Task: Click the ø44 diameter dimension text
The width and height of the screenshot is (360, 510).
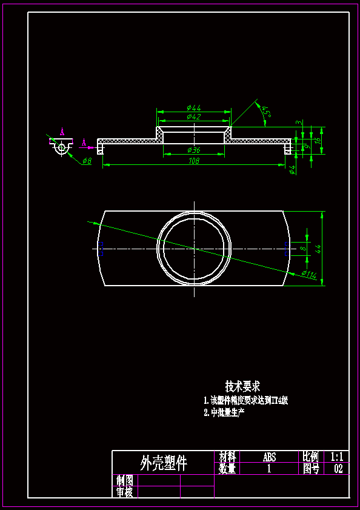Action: pyautogui.click(x=194, y=108)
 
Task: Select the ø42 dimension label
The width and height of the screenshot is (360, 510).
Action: pyautogui.click(x=194, y=116)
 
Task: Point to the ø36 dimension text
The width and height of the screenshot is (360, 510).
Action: pyautogui.click(x=194, y=150)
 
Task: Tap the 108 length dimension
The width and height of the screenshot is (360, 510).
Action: pyautogui.click(x=194, y=161)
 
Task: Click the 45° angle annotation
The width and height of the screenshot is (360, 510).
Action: pyautogui.click(x=265, y=111)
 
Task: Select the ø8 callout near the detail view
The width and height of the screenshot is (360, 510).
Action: pyautogui.click(x=86, y=161)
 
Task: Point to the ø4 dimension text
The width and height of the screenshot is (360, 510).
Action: pyautogui.click(x=293, y=169)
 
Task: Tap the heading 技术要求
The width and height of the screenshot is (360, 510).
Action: pyautogui.click(x=242, y=386)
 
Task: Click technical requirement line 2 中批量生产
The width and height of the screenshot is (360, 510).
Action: pyautogui.click(x=224, y=413)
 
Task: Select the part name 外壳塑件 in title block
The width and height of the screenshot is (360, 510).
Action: pyautogui.click(x=164, y=463)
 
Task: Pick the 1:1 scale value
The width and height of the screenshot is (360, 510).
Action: pyautogui.click(x=338, y=457)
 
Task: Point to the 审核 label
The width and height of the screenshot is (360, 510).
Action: pyautogui.click(x=124, y=492)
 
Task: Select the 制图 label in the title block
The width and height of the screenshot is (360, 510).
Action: pyautogui.click(x=124, y=480)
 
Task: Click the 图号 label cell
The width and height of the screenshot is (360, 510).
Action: pyautogui.click(x=311, y=469)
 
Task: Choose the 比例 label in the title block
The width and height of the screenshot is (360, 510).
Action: pyautogui.click(x=311, y=457)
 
